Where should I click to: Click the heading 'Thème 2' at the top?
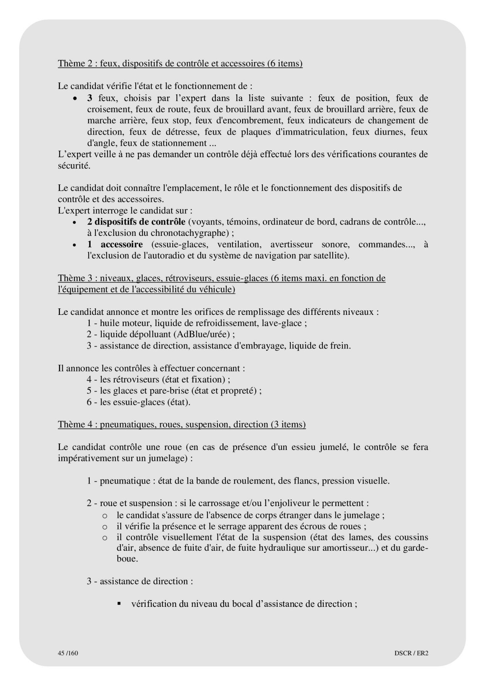click(x=180, y=63)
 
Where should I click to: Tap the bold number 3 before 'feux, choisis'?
click(x=90, y=98)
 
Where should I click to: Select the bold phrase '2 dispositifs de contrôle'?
click(x=136, y=222)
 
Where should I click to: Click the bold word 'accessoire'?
click(x=122, y=244)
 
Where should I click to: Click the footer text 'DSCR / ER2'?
click(x=411, y=653)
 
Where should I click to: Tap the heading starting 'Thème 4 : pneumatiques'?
click(x=181, y=424)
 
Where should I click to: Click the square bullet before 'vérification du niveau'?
click(x=119, y=603)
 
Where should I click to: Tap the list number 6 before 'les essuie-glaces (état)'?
click(x=89, y=402)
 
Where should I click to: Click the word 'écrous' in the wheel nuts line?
click(x=318, y=526)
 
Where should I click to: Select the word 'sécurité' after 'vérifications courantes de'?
click(x=73, y=166)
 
